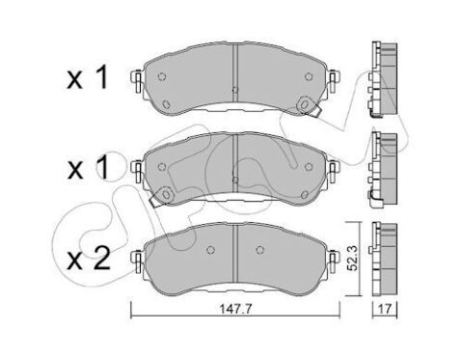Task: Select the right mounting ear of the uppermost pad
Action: tap(334, 81)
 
